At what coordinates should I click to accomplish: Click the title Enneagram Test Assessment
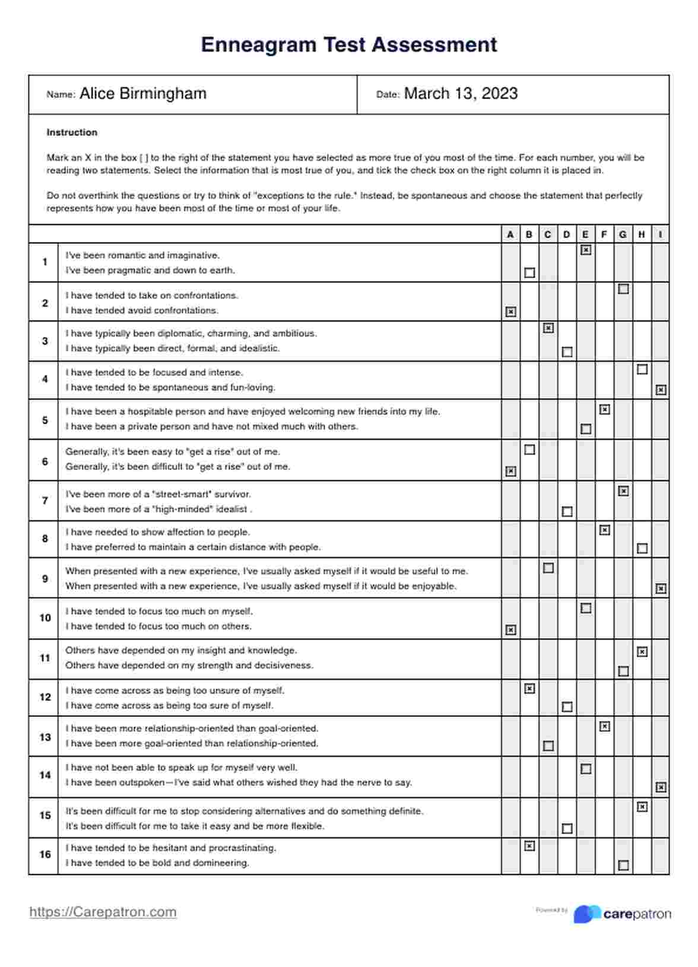349,45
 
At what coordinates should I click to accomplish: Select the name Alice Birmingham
143,94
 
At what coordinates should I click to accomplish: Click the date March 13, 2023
461,94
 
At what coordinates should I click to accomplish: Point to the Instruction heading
72,132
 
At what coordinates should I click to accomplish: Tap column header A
510,234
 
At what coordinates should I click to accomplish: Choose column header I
661,234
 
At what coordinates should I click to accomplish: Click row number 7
45,501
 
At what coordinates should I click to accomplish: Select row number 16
45,854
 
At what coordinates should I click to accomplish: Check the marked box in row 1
586,250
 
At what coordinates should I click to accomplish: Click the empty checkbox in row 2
623,290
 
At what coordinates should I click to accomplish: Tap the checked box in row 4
661,390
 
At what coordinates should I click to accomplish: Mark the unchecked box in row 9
548,568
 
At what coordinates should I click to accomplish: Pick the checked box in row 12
529,689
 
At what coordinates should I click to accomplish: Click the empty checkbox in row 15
567,828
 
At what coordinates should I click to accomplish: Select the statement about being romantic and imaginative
142,255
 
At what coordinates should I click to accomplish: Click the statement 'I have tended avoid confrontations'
142,310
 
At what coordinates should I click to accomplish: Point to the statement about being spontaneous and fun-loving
170,387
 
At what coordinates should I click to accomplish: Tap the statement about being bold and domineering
157,863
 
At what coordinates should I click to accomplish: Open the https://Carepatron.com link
103,912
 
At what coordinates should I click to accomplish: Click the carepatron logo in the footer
622,914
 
